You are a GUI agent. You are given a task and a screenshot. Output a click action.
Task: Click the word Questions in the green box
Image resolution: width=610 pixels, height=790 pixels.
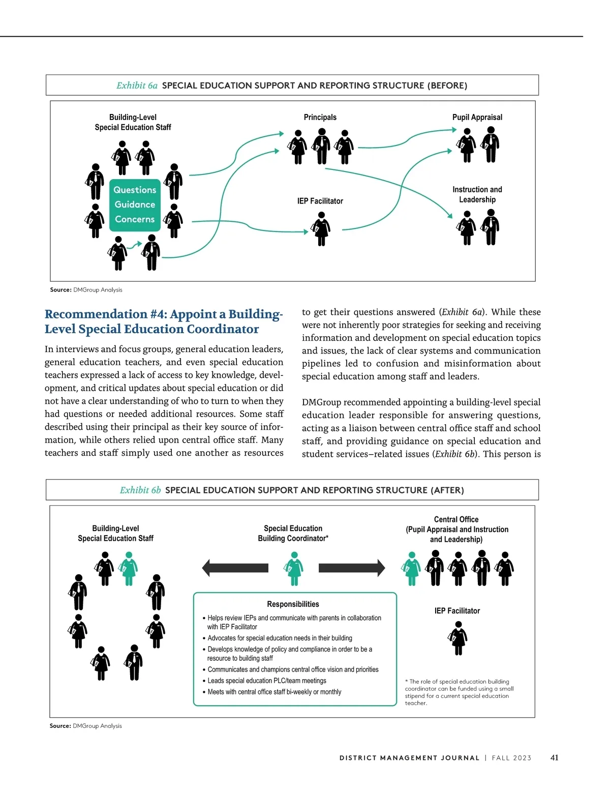[135, 190]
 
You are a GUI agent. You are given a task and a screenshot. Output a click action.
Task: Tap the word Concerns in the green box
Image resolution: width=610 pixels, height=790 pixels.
[135, 219]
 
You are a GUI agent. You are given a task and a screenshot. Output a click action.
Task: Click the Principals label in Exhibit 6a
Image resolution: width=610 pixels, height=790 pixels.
[320, 117]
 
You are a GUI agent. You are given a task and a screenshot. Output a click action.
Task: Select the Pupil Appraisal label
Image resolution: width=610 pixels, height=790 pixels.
[477, 117]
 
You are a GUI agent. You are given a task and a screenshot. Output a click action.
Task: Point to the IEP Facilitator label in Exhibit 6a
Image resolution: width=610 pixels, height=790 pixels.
[320, 201]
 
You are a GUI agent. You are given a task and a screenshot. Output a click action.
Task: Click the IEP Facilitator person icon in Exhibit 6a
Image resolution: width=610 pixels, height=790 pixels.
[321, 229]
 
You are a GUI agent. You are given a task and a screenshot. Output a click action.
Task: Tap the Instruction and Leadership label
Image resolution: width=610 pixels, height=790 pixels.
[477, 194]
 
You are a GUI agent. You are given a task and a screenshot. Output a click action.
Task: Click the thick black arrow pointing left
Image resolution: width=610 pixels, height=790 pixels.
[235, 568]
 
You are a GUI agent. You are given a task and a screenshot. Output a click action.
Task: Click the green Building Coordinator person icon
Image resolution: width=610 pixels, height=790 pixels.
[293, 569]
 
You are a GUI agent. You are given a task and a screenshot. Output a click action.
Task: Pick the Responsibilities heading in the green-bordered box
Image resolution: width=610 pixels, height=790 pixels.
[293, 604]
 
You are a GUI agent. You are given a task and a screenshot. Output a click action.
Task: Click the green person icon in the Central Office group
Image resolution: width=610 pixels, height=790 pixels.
[412, 569]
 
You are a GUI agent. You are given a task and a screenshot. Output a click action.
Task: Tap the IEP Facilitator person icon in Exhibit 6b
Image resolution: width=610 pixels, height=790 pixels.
[458, 638]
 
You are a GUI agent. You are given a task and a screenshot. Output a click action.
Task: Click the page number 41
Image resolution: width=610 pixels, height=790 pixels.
[554, 757]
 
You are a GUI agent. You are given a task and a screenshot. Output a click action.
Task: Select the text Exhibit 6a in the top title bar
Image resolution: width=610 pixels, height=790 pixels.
[137, 85]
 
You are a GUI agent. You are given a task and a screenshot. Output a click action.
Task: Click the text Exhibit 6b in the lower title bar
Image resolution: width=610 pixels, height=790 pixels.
[140, 490]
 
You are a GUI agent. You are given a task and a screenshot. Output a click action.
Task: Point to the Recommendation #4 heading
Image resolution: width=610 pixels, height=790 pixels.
[163, 321]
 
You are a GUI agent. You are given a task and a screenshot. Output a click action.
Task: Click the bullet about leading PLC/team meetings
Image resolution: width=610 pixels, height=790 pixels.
[266, 681]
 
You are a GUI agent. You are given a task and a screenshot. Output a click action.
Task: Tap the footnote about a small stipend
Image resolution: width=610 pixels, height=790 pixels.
[459, 692]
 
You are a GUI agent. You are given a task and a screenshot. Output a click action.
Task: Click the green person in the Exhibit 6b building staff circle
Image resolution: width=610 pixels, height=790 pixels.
[129, 569]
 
